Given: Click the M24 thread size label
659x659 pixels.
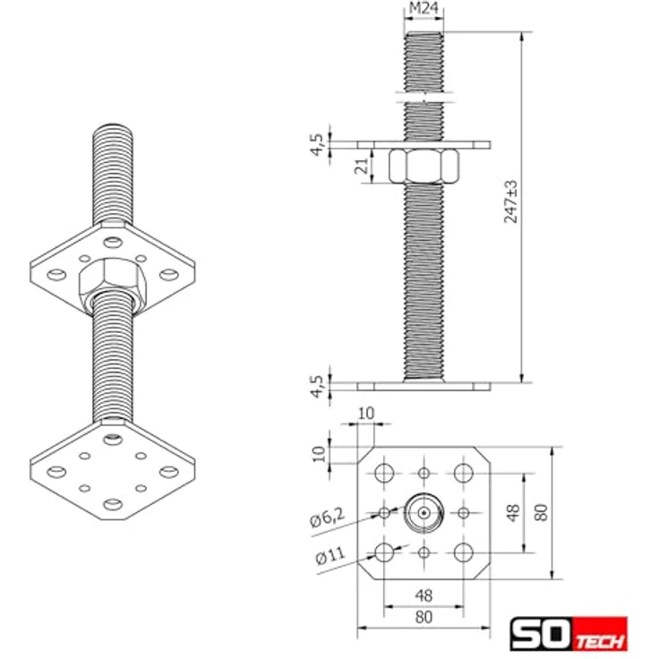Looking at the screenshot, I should click(424, 9).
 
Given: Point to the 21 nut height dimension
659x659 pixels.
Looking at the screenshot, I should click(360, 167).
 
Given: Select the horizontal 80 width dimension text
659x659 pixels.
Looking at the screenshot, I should click(424, 616).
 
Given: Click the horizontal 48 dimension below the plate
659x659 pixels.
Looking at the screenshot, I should click(424, 593).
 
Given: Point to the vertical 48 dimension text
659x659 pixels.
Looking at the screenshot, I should click(513, 512).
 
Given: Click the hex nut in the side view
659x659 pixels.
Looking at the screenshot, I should click(424, 166).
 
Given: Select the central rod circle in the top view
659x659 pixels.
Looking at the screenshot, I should click(424, 512).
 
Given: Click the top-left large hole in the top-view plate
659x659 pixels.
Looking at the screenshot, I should click(385, 473).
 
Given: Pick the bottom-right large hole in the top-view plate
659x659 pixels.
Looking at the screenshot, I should click(463, 552).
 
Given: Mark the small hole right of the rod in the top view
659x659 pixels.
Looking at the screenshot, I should click(463, 512).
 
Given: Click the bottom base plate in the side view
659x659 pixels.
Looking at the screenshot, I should click(424, 387).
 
